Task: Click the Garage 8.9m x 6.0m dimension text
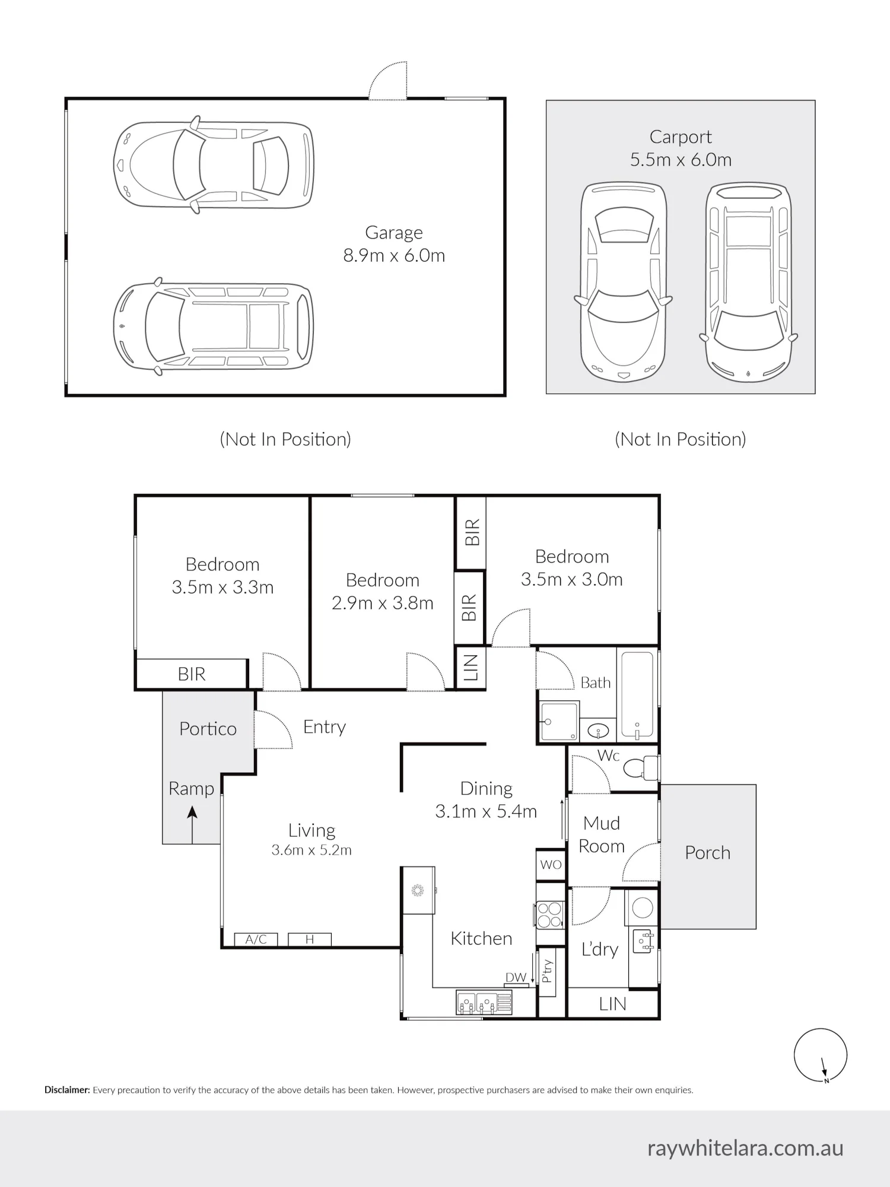pyautogui.click(x=394, y=256)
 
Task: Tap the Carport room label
pyautogui.click(x=681, y=137)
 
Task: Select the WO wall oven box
pyautogui.click(x=551, y=865)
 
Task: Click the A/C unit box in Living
pyautogui.click(x=256, y=939)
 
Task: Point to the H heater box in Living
pyautogui.click(x=310, y=939)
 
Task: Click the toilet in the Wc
pyautogui.click(x=640, y=768)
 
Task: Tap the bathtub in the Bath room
pyautogui.click(x=637, y=695)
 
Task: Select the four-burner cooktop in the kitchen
pyautogui.click(x=549, y=915)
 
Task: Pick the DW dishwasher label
pyautogui.click(x=516, y=977)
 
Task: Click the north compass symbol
pyautogui.click(x=821, y=1055)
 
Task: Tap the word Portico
pyautogui.click(x=208, y=729)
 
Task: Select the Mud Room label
pyautogui.click(x=602, y=834)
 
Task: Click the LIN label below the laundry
pyautogui.click(x=612, y=1004)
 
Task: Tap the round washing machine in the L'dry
pyautogui.click(x=643, y=907)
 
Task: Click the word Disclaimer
pyautogui.click(x=67, y=1090)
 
